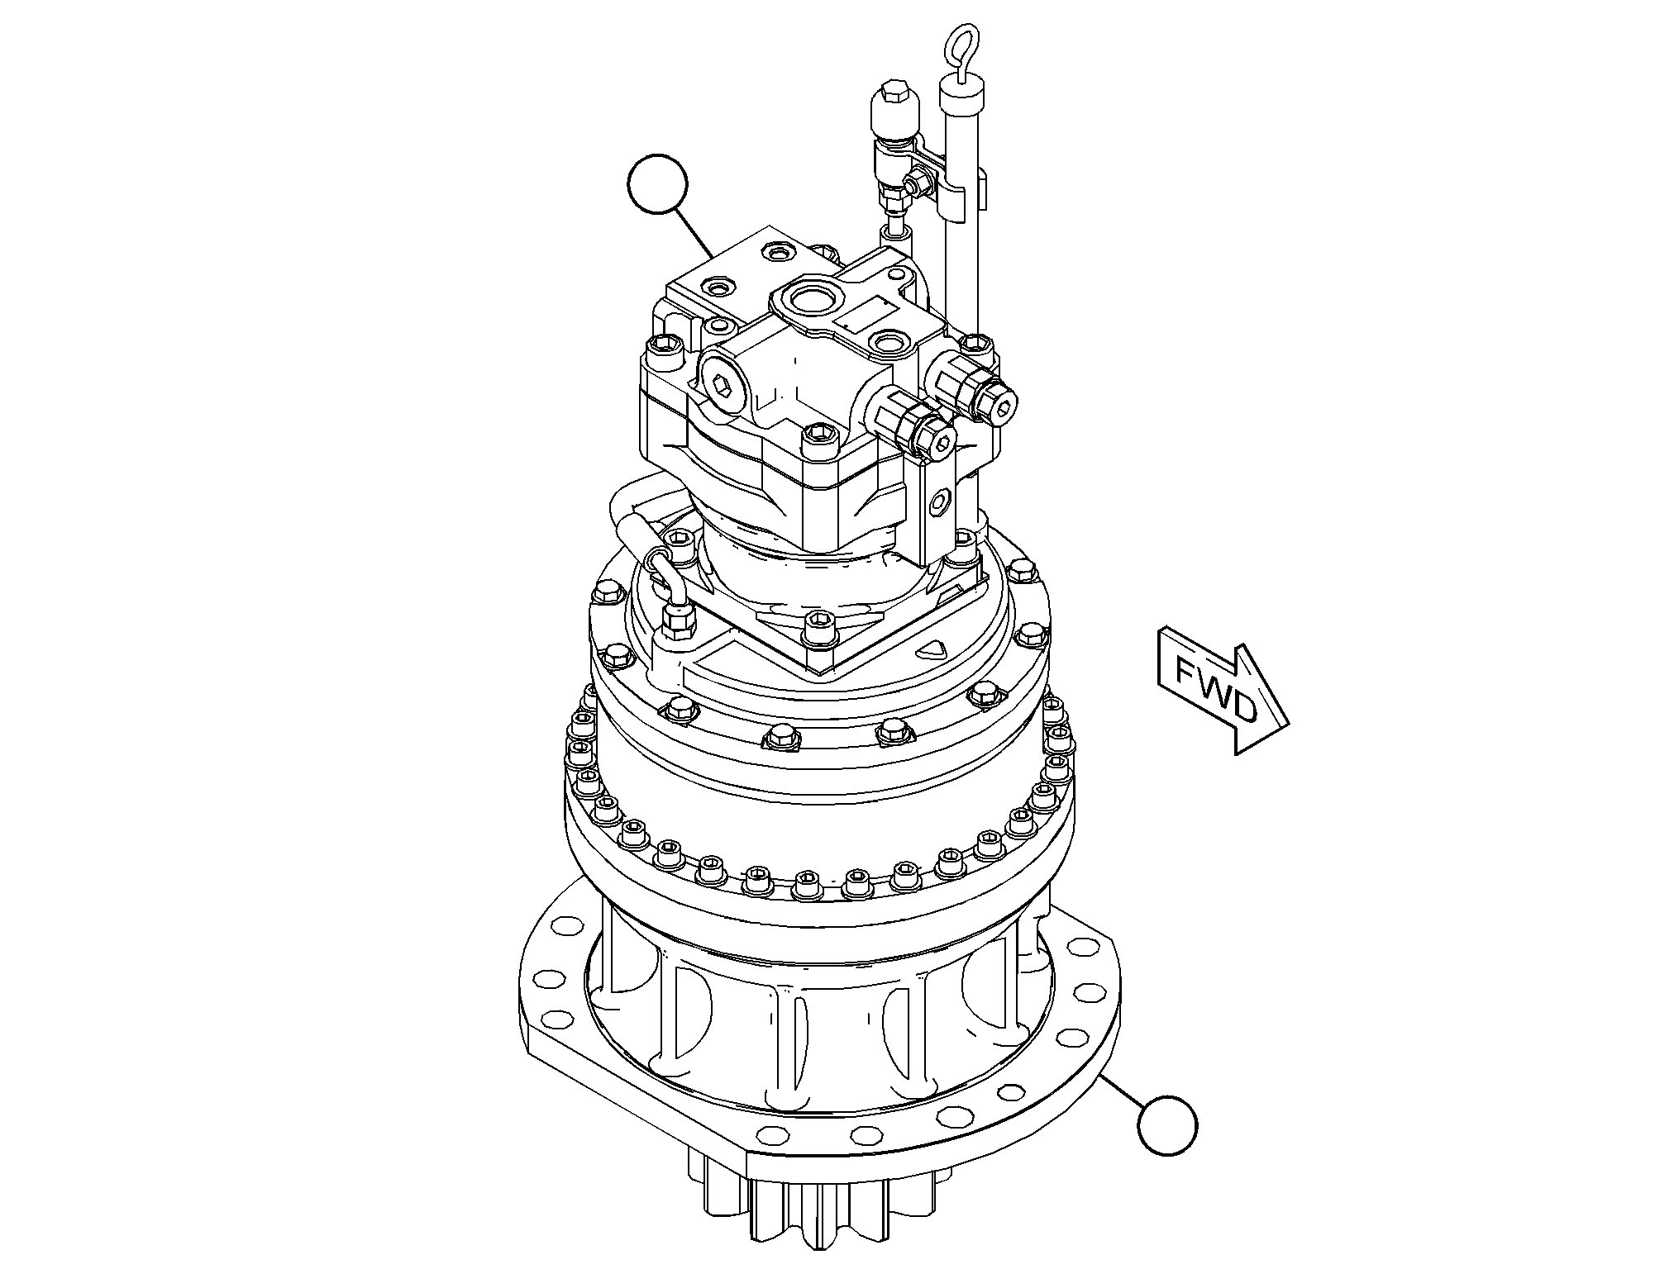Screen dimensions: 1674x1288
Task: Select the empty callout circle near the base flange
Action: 1167,1124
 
